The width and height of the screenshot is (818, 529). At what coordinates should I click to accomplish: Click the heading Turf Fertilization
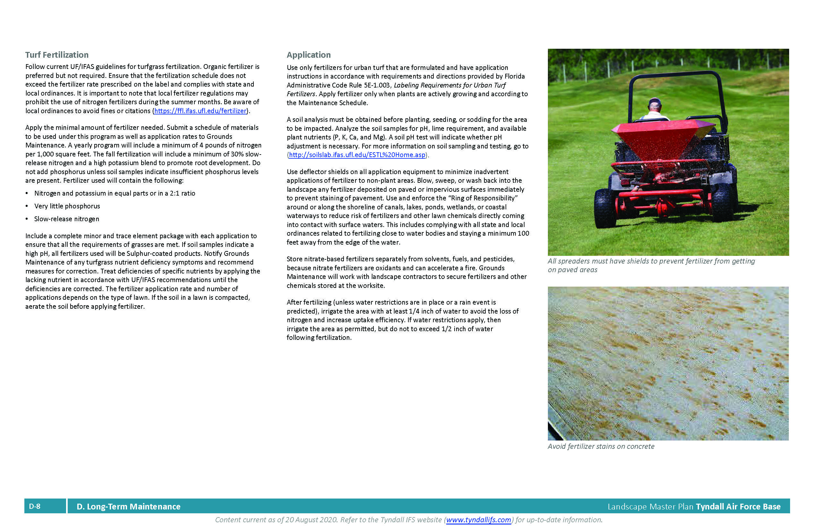click(57, 55)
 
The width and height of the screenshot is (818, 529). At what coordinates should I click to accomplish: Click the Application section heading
click(308, 55)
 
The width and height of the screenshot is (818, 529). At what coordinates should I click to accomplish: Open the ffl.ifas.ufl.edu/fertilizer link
click(200, 111)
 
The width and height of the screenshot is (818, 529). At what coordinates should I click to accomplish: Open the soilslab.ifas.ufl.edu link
click(357, 155)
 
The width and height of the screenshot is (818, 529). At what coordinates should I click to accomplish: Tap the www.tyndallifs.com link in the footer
click(478, 520)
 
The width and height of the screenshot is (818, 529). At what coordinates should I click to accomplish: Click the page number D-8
click(35, 506)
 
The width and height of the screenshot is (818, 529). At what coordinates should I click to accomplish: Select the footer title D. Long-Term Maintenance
click(128, 507)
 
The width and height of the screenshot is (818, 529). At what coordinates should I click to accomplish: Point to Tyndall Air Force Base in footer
click(738, 507)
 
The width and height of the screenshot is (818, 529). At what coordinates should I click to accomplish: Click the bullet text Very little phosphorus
click(67, 206)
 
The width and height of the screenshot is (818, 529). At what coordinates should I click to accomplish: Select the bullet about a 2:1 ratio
click(115, 193)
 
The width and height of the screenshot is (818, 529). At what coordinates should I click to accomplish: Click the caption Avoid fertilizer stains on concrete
click(601, 447)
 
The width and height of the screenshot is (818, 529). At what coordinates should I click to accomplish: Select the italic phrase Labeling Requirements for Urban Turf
click(449, 85)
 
